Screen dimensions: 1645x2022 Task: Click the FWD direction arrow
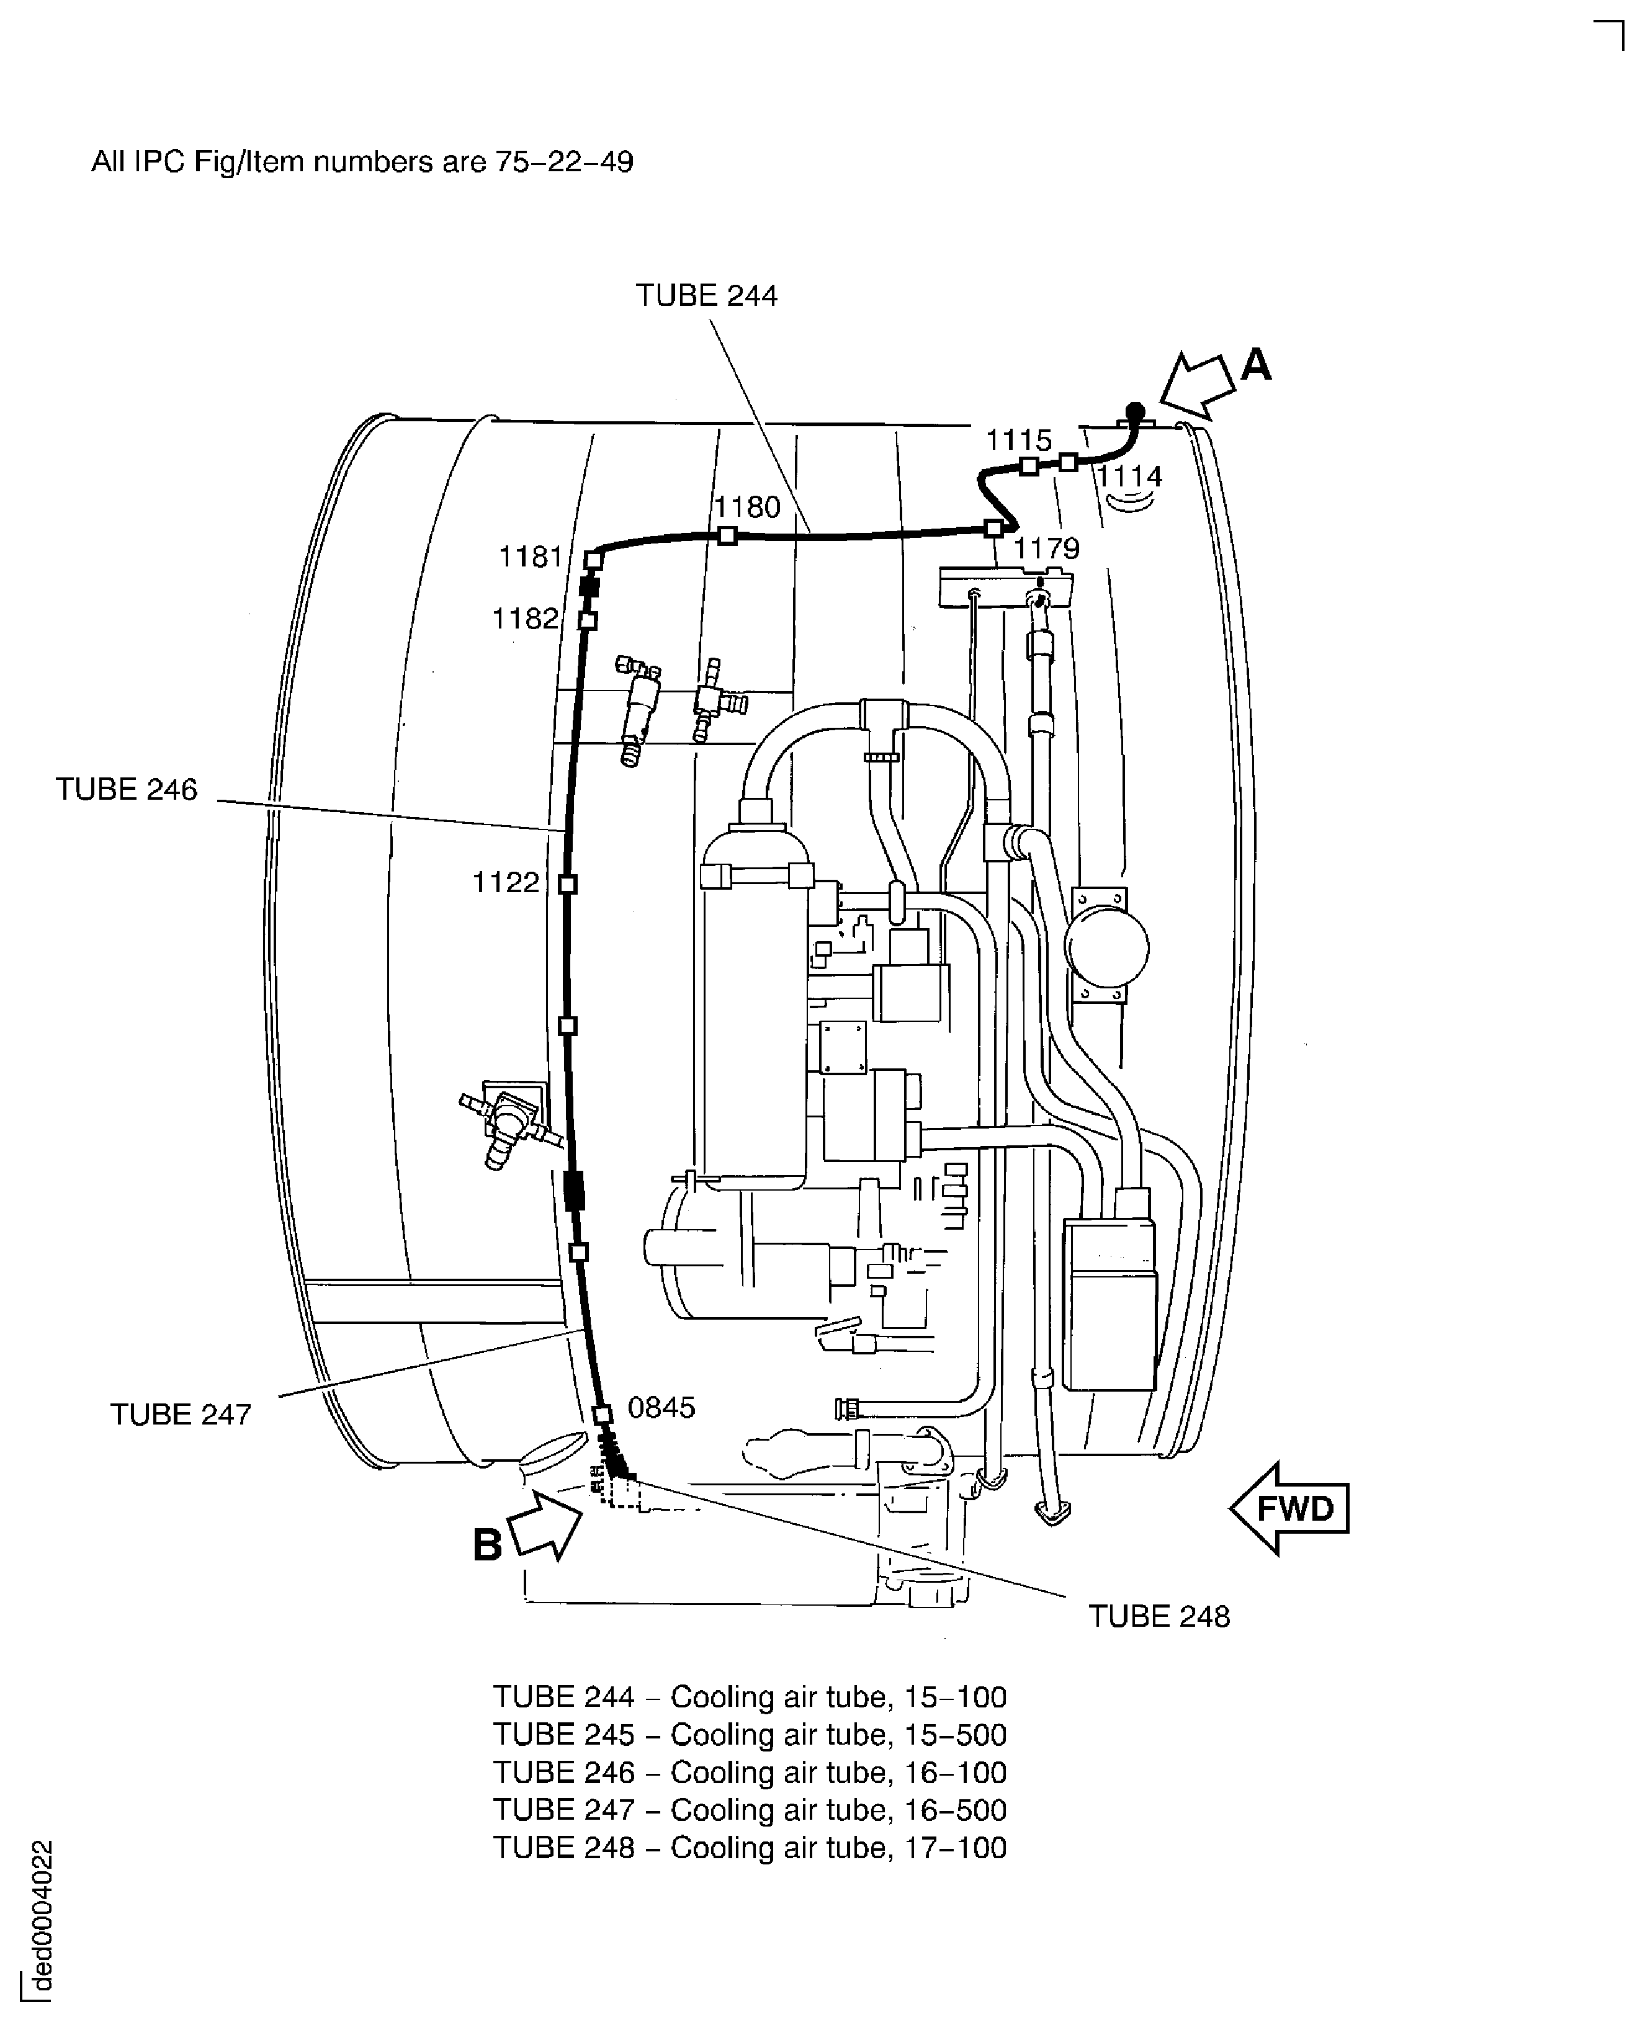click(1289, 1508)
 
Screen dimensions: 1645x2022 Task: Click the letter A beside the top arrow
click(1255, 364)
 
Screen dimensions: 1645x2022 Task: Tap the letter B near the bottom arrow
click(487, 1546)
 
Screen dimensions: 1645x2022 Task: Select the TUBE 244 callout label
click(706, 295)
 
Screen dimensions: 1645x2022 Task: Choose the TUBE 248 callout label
click(1159, 1616)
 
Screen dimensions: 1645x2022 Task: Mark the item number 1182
click(525, 619)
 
